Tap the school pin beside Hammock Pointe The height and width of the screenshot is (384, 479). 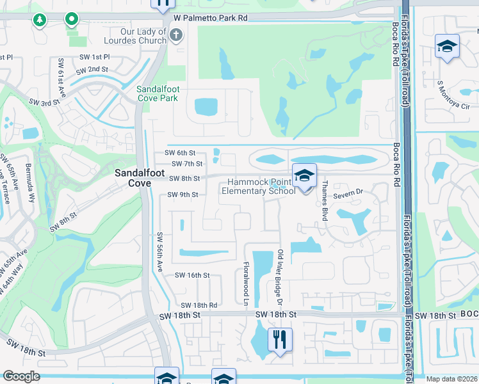pyautogui.click(x=305, y=175)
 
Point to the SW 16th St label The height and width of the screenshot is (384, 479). pyautogui.click(x=193, y=275)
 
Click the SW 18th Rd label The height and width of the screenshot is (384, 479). pyautogui.click(x=199, y=306)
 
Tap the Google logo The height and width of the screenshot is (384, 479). pyautogui.click(x=21, y=376)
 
